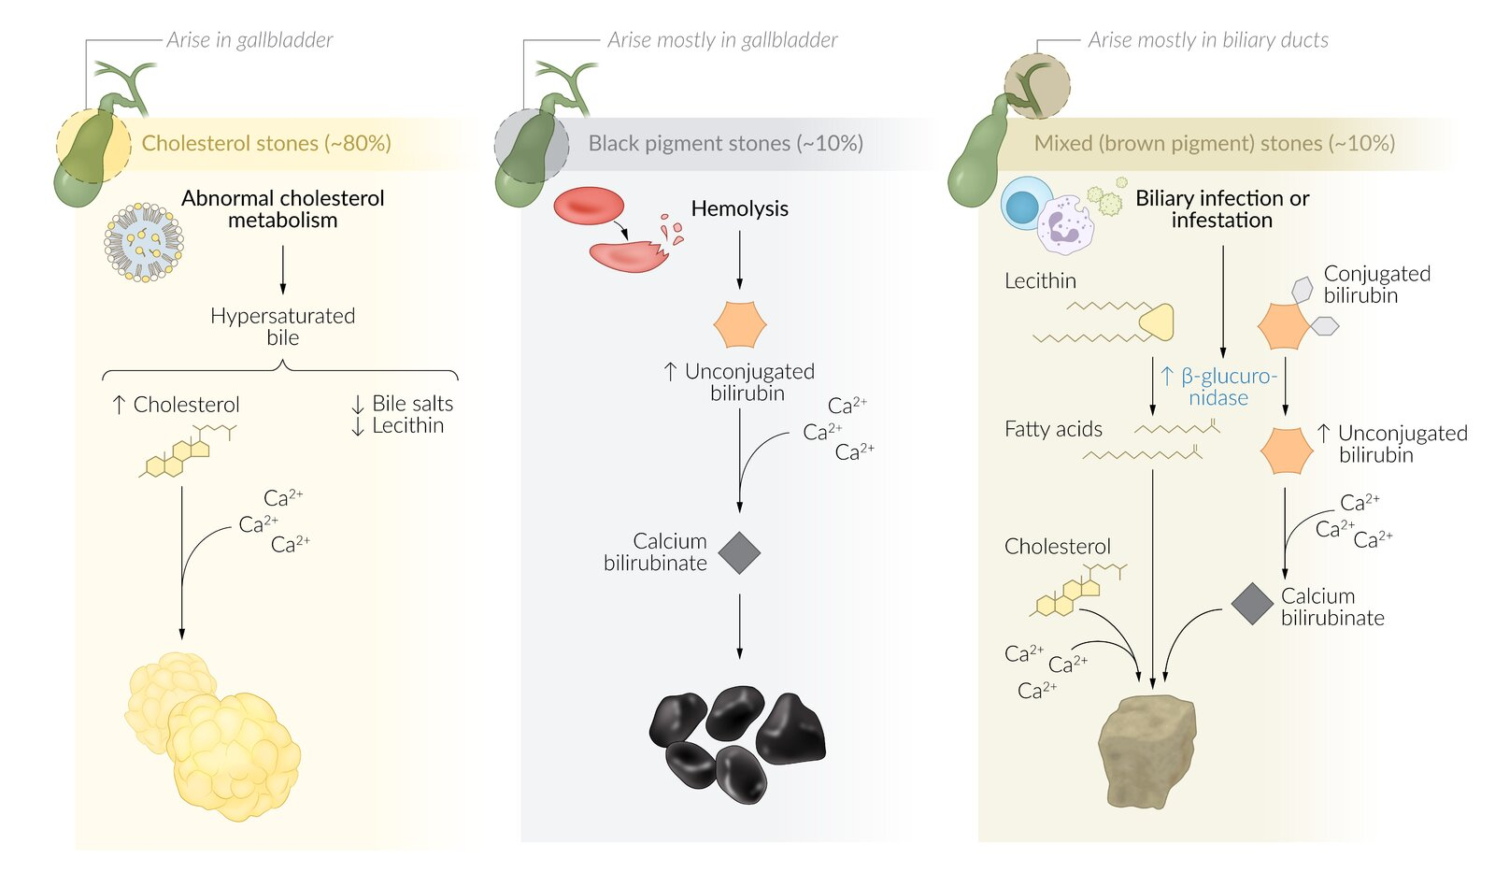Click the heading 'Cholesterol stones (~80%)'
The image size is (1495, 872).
point(266,143)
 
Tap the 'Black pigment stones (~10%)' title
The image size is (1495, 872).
point(725,143)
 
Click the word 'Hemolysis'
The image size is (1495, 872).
point(739,208)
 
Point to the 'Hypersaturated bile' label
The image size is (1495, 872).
point(282,326)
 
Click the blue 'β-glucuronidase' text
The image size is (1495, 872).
point(1217,387)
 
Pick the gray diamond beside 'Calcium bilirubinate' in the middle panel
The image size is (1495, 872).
point(739,552)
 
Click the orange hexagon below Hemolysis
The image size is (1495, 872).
point(739,324)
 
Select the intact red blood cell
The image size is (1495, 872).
point(589,206)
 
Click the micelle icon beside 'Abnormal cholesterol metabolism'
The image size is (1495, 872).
point(143,242)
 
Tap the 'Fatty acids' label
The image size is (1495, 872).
point(1053,429)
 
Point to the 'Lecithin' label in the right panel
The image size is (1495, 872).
point(1040,280)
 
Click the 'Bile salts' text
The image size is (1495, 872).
point(412,403)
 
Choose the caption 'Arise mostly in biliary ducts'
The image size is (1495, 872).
point(1207,40)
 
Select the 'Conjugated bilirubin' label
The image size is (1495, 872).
point(1376,284)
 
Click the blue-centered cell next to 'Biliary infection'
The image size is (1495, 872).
point(1024,205)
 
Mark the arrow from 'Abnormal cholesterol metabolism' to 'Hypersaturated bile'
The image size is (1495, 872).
point(283,270)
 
